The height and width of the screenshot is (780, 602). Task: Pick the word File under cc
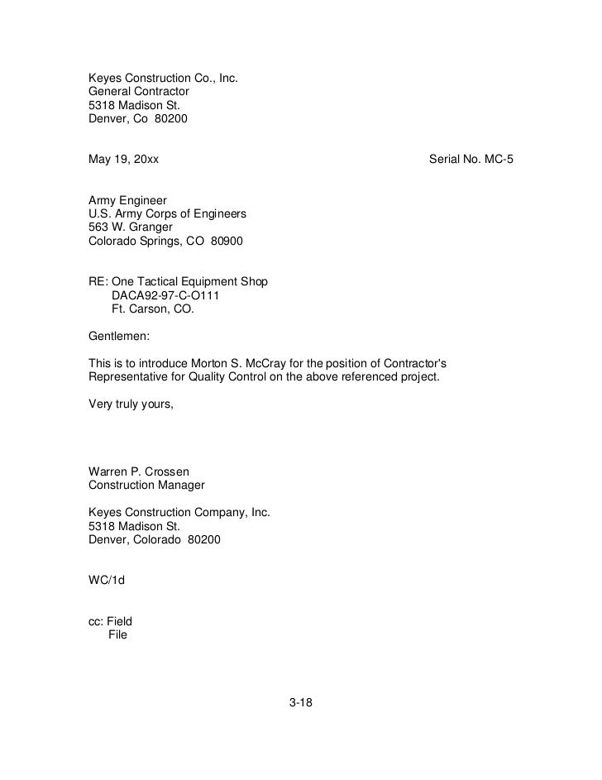click(118, 636)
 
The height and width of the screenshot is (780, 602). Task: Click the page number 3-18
click(301, 704)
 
